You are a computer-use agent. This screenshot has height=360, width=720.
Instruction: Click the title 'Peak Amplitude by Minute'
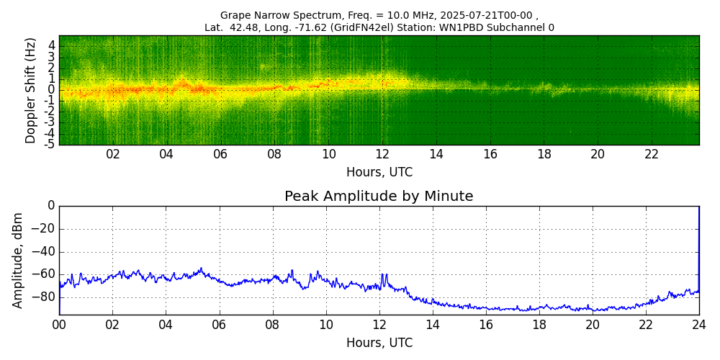[x=379, y=197]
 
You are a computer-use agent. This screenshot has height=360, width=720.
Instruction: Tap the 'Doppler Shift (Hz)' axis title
[x=31, y=91]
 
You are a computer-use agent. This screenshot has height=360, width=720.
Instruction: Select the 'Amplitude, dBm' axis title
[x=19, y=260]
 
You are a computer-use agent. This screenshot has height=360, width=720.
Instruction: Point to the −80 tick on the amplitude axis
[x=44, y=296]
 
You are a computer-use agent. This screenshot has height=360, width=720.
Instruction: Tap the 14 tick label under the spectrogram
[x=436, y=155]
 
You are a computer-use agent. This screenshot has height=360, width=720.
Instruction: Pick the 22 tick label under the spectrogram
[x=652, y=155]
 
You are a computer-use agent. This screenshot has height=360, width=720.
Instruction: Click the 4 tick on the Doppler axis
[x=52, y=45]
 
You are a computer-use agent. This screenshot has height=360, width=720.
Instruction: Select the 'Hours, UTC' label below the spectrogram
[x=379, y=173]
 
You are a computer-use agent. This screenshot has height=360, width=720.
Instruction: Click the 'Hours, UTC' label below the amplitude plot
[x=379, y=343]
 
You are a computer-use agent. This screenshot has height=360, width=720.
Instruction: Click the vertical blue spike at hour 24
[x=698, y=245]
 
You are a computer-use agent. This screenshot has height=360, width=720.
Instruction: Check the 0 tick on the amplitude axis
[x=51, y=206]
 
